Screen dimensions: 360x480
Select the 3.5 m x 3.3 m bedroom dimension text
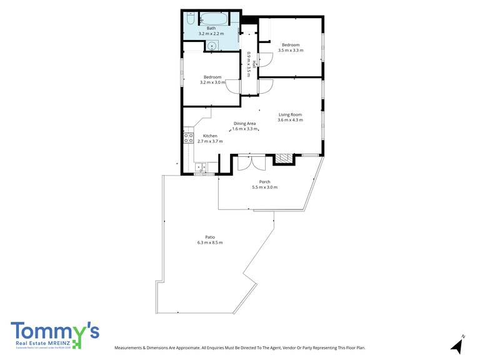click(x=291, y=51)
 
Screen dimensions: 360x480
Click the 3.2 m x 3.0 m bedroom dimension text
click(x=212, y=82)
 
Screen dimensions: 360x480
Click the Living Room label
click(x=291, y=114)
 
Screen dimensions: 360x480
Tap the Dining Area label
click(x=245, y=123)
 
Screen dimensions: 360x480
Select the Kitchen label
click(x=210, y=136)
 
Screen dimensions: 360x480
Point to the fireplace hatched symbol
click(x=284, y=158)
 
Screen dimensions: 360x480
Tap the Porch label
click(x=264, y=181)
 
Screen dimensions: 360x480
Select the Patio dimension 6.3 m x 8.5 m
click(x=210, y=242)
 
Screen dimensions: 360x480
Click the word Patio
click(x=210, y=237)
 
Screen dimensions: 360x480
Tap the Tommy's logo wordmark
click(x=54, y=331)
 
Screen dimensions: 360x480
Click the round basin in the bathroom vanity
click(x=213, y=45)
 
